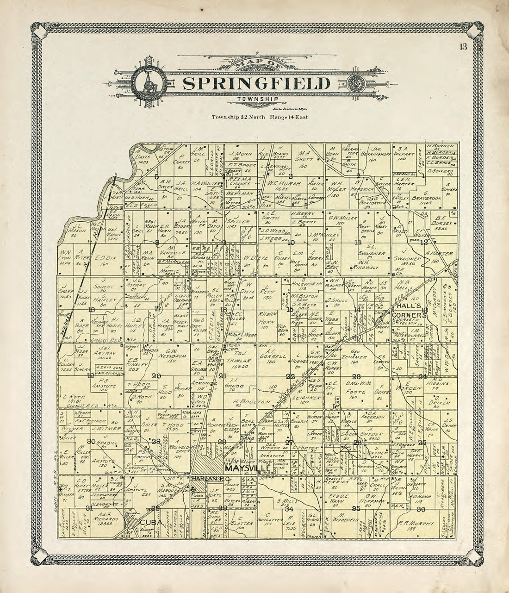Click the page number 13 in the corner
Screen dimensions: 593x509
coord(463,46)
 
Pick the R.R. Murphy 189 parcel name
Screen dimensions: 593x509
coord(420,524)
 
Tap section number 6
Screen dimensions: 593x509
coord(156,176)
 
